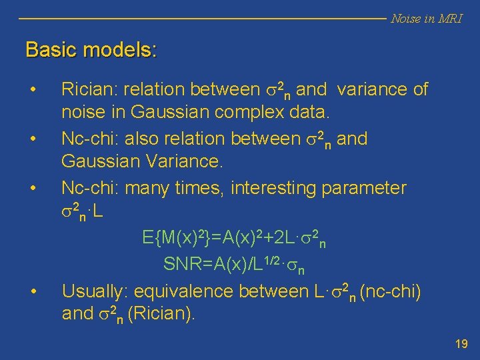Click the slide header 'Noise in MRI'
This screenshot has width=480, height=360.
pos(426,19)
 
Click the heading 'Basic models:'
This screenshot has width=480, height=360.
pos(91,50)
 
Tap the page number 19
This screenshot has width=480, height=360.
pos(461,344)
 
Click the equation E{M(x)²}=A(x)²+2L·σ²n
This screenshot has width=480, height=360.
pos(234,238)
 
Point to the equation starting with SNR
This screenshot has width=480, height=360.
pos(234,265)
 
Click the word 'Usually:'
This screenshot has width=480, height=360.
pos(96,291)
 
